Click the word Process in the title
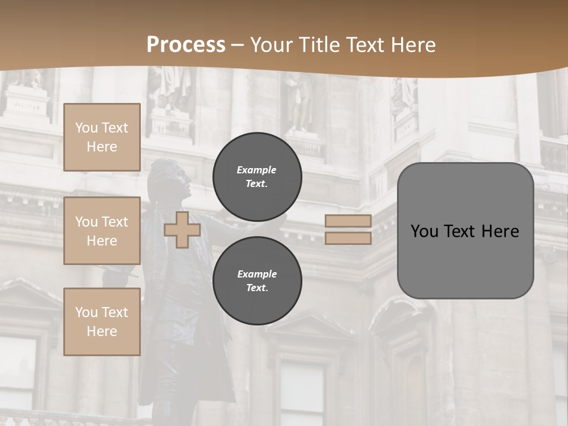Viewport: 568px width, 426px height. pos(186,44)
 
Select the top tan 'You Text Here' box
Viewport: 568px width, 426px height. pos(102,137)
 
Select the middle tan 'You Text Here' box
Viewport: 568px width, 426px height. pos(102,231)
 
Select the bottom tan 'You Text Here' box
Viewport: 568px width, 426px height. pos(102,321)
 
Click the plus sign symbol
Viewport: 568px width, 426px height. pos(182,230)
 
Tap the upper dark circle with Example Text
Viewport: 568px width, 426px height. pos(257,177)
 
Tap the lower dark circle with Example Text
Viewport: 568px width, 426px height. pos(257,280)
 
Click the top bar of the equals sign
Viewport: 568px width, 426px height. pos(348,221)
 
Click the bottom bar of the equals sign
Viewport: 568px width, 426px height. pos(348,238)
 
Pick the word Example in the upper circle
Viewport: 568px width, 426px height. pos(257,170)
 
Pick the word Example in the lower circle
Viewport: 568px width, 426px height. pos(257,274)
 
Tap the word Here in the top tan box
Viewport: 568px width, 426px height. pos(102,147)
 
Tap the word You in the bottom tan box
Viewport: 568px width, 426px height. pos(86,312)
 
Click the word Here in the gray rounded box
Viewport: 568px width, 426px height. pos(501,231)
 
